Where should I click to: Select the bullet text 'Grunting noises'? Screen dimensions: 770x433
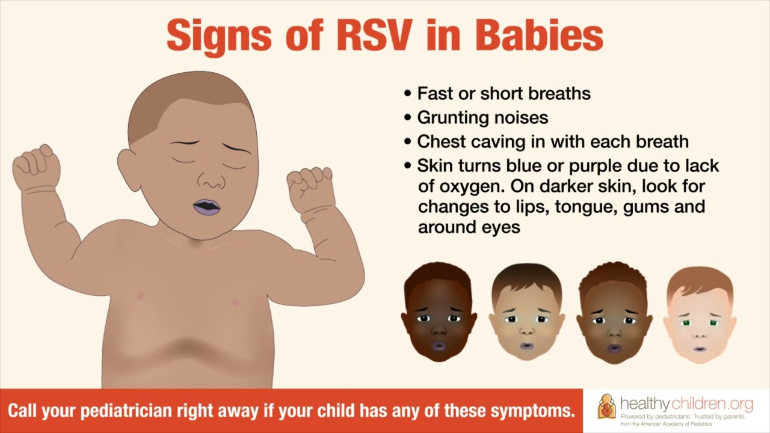(x=482, y=117)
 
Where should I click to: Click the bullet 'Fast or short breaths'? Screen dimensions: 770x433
(x=504, y=93)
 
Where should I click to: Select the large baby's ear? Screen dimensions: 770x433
(x=128, y=170)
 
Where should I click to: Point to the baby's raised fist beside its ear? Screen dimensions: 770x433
(x=36, y=167)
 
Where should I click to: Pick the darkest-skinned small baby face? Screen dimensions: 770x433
(x=439, y=311)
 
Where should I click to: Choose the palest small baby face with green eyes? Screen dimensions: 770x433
(x=700, y=315)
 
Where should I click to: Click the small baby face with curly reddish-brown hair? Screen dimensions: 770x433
(x=614, y=313)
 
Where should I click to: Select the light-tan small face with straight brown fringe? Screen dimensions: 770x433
(x=526, y=312)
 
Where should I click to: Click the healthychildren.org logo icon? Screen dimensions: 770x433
(x=607, y=411)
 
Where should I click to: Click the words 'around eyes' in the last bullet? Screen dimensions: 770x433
(x=469, y=227)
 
